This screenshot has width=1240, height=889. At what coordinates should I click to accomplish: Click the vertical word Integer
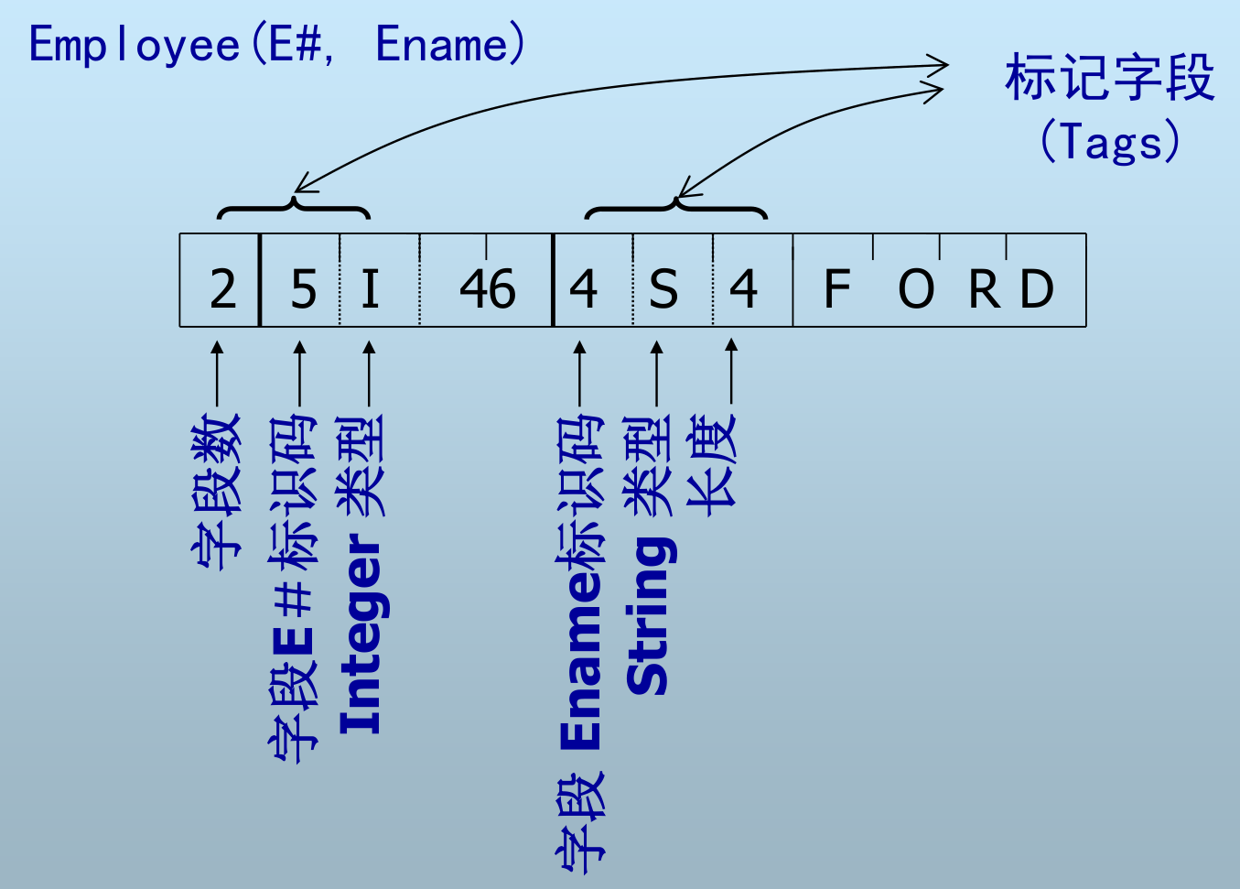pyautogui.click(x=361, y=635)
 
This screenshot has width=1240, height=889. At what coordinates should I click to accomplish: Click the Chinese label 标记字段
pyautogui.click(x=1109, y=77)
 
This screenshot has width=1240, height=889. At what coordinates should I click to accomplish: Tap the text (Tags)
pyautogui.click(x=1109, y=141)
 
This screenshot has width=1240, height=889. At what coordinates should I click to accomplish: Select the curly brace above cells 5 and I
pyautogui.click(x=293, y=208)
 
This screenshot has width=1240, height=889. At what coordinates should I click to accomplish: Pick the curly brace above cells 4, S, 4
pyautogui.click(x=675, y=208)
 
